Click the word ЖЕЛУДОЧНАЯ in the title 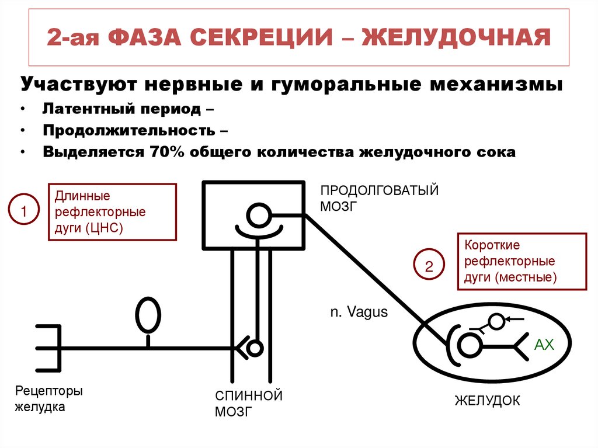point(457,39)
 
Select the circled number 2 point(429,268)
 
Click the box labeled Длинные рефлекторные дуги point(112,211)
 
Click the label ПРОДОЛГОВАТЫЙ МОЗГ point(379,198)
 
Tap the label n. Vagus point(359,312)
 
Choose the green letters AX point(544,345)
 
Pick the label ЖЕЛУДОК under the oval point(487,401)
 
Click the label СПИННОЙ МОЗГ point(248,404)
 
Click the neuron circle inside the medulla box point(257,216)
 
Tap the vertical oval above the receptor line point(148,316)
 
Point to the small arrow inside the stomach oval point(514,319)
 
